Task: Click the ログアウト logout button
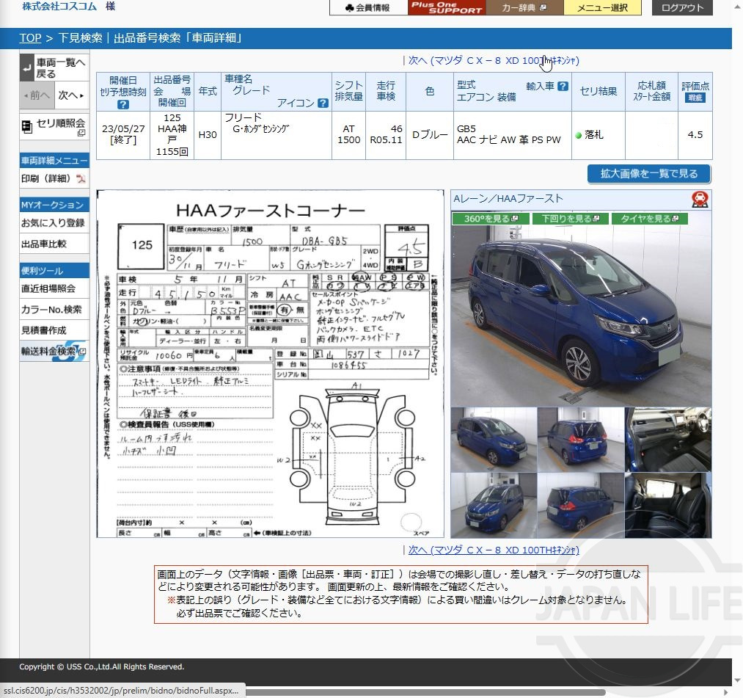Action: coord(682,8)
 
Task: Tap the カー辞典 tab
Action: coord(524,8)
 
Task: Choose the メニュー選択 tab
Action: coord(602,8)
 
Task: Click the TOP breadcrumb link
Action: coord(30,38)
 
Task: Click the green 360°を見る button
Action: coord(491,219)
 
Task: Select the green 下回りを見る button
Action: coord(571,219)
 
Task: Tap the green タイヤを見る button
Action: coord(651,219)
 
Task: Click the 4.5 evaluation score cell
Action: coord(695,135)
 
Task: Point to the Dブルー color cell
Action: coord(430,135)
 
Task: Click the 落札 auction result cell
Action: coord(595,135)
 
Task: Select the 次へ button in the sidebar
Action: coord(71,95)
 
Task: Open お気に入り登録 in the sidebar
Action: coord(53,222)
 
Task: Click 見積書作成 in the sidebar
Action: coord(43,330)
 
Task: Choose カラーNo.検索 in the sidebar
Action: coord(51,310)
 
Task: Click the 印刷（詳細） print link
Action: coord(48,178)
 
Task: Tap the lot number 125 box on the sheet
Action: coord(142,244)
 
